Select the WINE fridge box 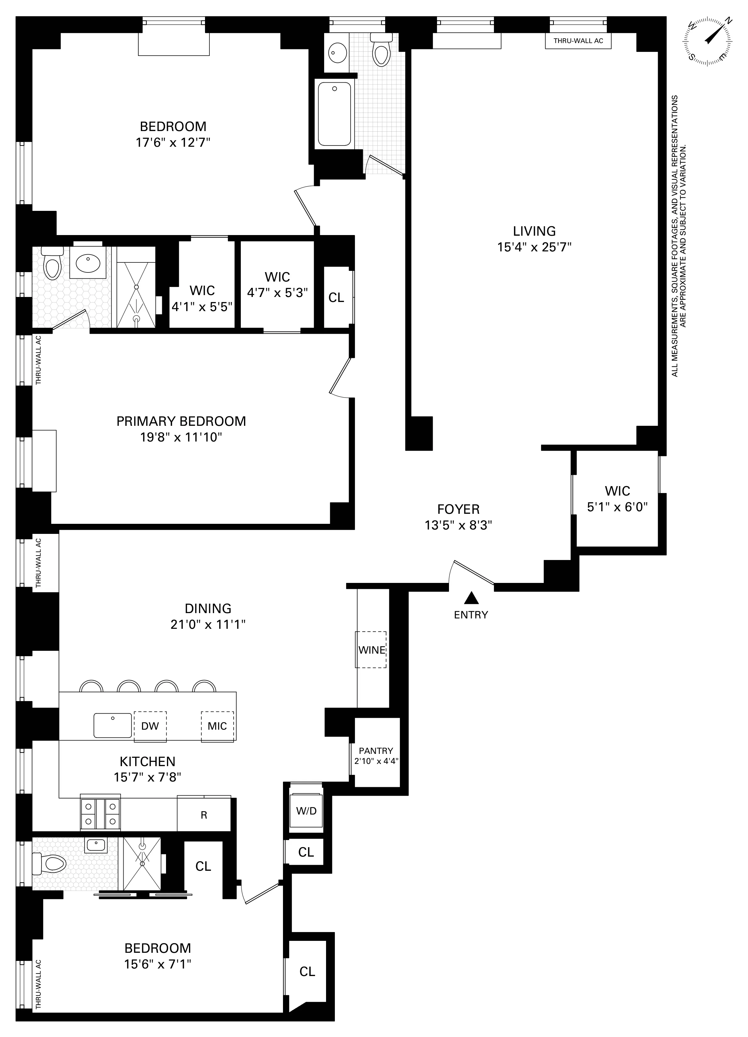click(x=371, y=650)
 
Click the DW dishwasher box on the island click(x=150, y=726)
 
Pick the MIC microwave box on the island click(x=217, y=726)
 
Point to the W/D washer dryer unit click(x=306, y=811)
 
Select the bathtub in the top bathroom click(x=335, y=114)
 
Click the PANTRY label click(x=376, y=751)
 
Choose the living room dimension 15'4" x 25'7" click(x=534, y=247)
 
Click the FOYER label click(x=458, y=509)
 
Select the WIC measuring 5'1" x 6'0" click(x=617, y=499)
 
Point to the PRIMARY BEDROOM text click(x=181, y=421)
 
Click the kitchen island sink click(x=113, y=725)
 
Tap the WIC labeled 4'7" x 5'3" click(x=277, y=284)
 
